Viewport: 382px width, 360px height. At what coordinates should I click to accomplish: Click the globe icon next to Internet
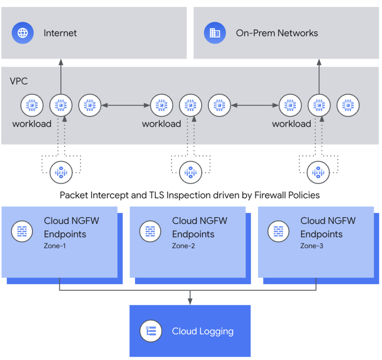(22, 33)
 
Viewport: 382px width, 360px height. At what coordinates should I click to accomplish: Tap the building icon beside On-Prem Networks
(215, 33)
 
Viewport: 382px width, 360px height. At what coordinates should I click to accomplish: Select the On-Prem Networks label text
(277, 33)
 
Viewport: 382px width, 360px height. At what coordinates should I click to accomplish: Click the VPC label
(19, 81)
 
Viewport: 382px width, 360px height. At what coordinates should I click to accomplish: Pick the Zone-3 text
(311, 246)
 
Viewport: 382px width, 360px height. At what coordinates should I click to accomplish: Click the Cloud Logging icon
(151, 331)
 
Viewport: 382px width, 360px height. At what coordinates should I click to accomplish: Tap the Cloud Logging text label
(203, 331)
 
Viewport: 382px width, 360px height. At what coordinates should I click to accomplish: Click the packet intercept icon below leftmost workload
(61, 172)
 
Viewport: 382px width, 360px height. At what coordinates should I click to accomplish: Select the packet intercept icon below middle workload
(190, 172)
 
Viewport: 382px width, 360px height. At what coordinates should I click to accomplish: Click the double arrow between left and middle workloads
(126, 105)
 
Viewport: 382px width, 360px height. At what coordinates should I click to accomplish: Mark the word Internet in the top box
(60, 33)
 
